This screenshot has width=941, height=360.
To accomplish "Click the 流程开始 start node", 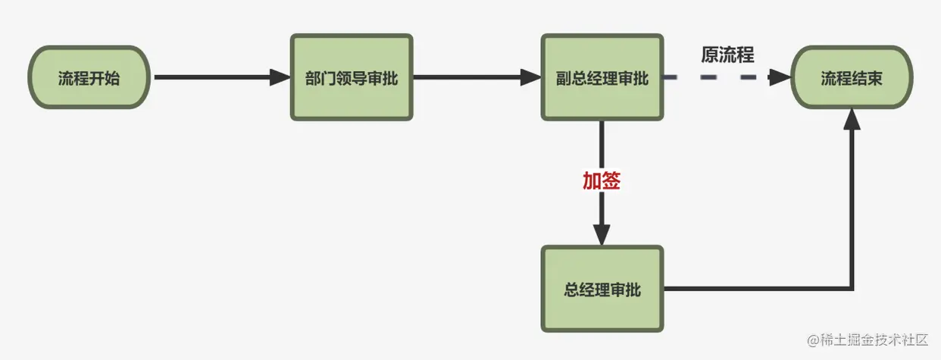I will click(89, 77).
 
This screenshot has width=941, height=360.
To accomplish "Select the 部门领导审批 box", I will click(352, 77).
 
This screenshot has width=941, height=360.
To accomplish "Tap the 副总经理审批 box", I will click(602, 77).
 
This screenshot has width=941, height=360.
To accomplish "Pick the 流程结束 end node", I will click(852, 77).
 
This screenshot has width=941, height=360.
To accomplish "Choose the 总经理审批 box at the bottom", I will click(602, 289).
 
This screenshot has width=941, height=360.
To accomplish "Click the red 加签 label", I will click(602, 181).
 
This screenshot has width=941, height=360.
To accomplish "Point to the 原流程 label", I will click(727, 55).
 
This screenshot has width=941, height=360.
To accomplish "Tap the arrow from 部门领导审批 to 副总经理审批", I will click(470, 77).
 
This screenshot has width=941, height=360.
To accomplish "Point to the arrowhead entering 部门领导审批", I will click(281, 77).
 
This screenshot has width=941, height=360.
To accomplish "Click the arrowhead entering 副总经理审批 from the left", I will click(531, 77).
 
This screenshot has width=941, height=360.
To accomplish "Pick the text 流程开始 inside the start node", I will click(89, 77).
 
